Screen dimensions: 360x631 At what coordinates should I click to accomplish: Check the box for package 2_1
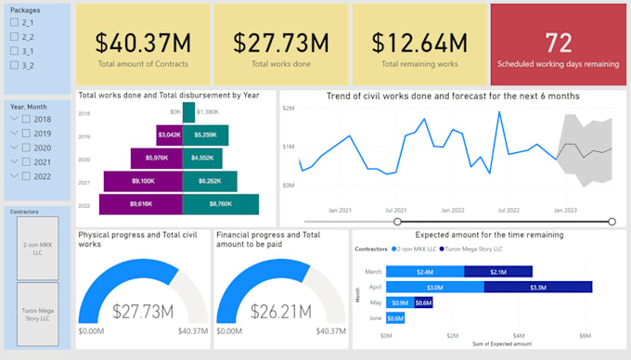(x=14, y=23)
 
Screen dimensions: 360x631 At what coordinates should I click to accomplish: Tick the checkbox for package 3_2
(x=14, y=66)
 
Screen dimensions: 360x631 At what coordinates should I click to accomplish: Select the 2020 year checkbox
(x=26, y=148)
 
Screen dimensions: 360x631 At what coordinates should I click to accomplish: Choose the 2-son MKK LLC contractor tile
(x=37, y=250)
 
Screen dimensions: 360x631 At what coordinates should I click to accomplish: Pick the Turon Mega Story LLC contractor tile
(x=37, y=313)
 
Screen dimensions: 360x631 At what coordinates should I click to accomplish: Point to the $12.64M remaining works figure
(x=419, y=43)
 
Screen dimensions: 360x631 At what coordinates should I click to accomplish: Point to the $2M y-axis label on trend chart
(x=289, y=109)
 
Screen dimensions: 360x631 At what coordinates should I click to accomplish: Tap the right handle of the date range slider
(x=612, y=221)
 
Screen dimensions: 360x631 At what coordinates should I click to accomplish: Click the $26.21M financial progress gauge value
(x=282, y=309)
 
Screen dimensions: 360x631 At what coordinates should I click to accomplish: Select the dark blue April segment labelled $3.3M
(x=538, y=288)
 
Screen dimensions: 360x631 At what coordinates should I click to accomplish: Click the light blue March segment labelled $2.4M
(x=425, y=272)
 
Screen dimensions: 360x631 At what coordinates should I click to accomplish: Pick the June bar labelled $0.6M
(x=395, y=318)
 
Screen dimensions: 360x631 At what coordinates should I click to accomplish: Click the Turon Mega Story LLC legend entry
(x=471, y=250)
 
